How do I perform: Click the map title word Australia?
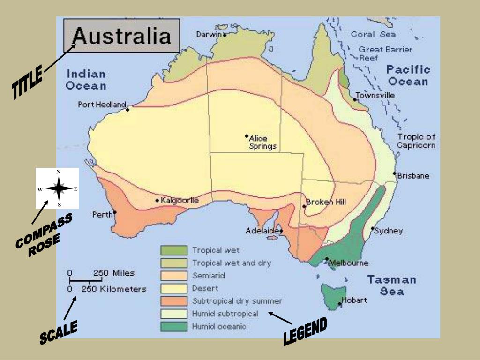click(121, 36)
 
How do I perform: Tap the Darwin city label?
click(209, 34)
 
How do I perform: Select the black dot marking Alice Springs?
click(247, 136)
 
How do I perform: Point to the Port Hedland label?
click(102, 105)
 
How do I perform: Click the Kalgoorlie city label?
click(180, 201)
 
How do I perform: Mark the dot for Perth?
click(115, 212)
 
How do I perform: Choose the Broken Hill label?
click(326, 202)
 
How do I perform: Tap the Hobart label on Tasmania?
click(354, 300)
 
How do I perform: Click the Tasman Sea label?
click(391, 285)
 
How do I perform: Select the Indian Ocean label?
click(86, 80)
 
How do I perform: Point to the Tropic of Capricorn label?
click(416, 141)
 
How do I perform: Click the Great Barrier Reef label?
click(385, 53)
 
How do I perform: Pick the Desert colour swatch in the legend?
click(174, 288)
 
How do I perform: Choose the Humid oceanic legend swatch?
click(174, 326)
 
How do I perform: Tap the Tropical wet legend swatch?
click(174, 250)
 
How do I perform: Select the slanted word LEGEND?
click(305, 332)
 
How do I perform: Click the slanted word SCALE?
click(58, 333)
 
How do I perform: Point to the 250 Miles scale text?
click(114, 273)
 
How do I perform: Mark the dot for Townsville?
click(355, 99)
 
